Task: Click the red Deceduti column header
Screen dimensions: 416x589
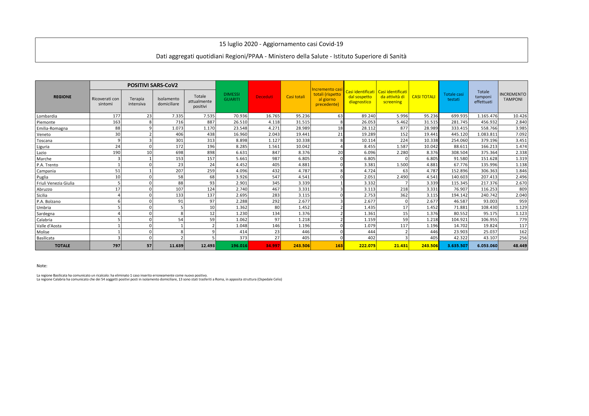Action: click(264, 97)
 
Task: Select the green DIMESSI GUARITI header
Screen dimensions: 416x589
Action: click(232, 97)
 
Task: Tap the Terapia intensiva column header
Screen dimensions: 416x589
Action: click(137, 101)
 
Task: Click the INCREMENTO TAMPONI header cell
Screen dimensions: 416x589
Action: click(513, 97)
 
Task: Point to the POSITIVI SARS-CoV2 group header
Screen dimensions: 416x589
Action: click(153, 85)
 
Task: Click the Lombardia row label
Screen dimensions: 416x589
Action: click(47, 116)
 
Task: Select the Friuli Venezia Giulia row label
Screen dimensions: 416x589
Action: click(55, 183)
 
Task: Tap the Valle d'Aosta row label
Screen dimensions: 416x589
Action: click(49, 226)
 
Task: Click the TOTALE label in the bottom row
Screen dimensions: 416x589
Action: click(62, 246)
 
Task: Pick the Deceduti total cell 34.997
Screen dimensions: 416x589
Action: click(272, 246)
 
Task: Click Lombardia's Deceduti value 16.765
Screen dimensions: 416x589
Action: click(272, 116)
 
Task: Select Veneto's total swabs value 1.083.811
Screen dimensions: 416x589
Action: click(487, 134)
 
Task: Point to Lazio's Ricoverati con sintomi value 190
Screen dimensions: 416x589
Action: click(117, 152)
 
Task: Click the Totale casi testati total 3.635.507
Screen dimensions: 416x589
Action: click(457, 246)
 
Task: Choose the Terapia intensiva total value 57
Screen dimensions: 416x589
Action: click(149, 246)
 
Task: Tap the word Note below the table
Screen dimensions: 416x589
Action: click(42, 266)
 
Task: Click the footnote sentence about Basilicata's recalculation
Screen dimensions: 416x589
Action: click(122, 275)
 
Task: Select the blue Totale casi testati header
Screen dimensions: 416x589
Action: click(453, 97)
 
